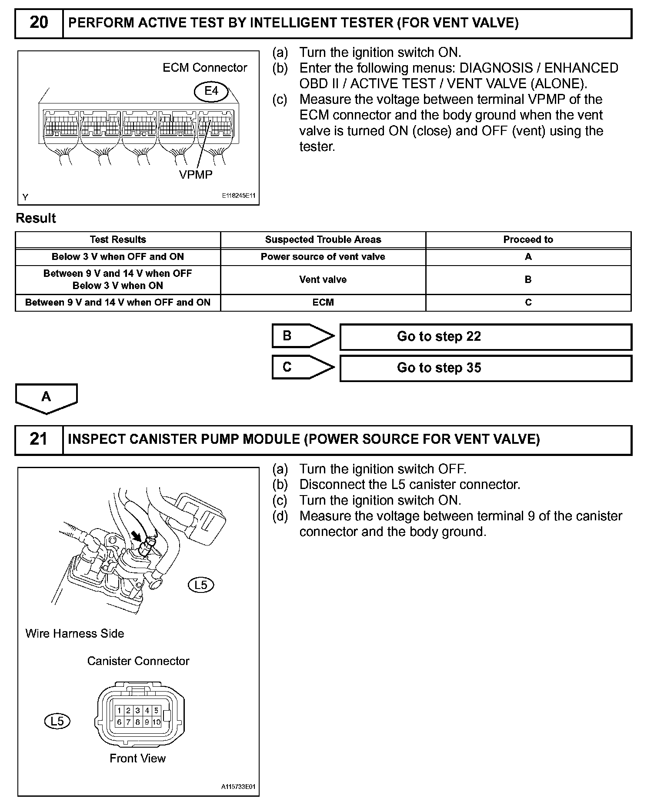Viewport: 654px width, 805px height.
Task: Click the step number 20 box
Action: tap(39, 23)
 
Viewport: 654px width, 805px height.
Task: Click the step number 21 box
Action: tap(39, 439)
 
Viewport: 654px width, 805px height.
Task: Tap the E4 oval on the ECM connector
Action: tap(211, 91)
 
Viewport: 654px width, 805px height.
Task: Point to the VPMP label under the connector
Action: tap(196, 175)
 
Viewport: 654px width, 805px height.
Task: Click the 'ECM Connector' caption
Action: tap(204, 68)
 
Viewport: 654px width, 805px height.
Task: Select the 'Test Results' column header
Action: tap(118, 240)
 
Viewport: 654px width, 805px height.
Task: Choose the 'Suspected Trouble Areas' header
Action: tap(323, 240)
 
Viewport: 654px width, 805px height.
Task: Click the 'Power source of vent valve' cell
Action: tap(323, 257)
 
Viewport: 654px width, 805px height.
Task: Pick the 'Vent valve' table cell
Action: tap(323, 279)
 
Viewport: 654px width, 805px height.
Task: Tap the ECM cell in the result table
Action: tap(323, 303)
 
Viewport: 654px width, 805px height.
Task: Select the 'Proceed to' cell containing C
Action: tap(528, 303)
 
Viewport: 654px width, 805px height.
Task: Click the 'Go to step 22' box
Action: tap(485, 337)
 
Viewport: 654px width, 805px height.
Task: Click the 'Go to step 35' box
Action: tap(485, 368)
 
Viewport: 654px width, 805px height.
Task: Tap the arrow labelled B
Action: tap(302, 336)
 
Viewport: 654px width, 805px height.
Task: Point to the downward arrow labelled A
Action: tap(46, 398)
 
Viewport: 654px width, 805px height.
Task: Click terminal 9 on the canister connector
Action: tap(147, 722)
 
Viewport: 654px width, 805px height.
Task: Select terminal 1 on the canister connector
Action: tap(119, 711)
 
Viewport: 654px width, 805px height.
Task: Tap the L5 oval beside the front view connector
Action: tap(57, 722)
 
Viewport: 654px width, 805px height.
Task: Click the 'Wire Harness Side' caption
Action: tap(74, 633)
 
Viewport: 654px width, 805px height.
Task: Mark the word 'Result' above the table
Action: tap(36, 218)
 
